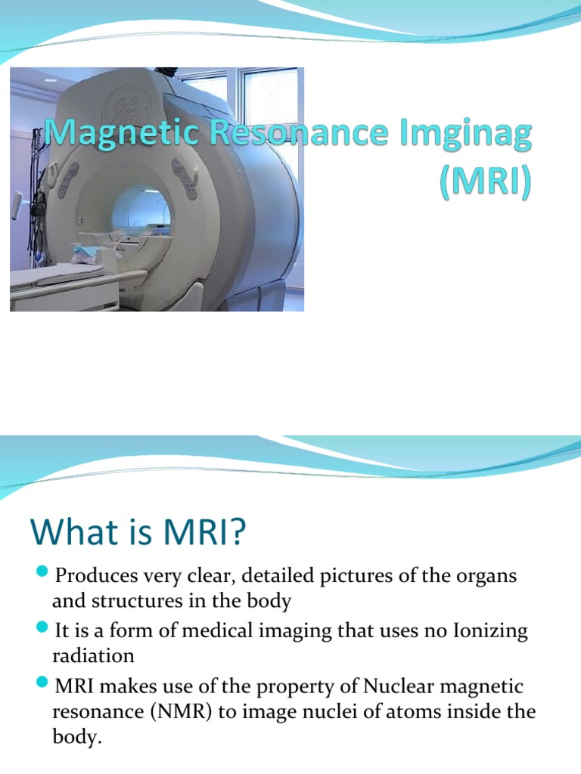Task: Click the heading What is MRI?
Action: click(138, 534)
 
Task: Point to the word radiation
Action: click(92, 655)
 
